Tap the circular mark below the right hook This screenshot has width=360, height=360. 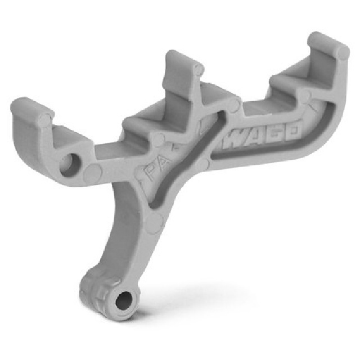(304, 97)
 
